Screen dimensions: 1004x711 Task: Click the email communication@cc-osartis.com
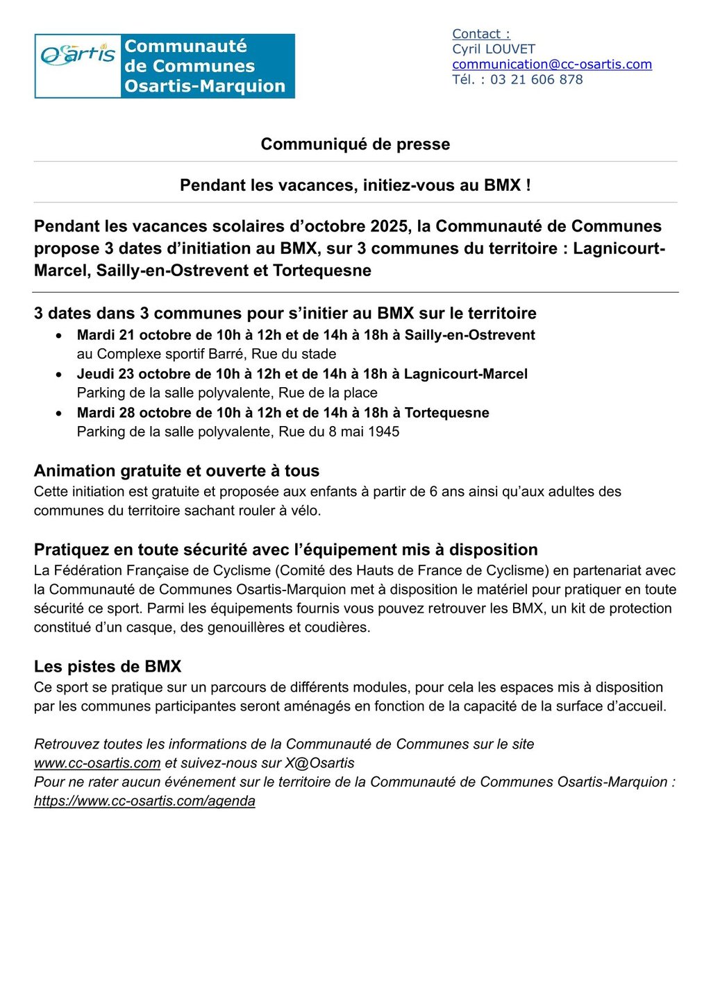[x=552, y=65]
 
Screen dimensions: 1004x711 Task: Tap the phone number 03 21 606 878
[x=536, y=80]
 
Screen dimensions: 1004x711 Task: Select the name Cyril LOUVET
[x=494, y=49]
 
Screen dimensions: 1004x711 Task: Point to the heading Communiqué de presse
[x=355, y=144]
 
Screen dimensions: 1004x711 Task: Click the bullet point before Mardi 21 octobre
[x=59, y=336]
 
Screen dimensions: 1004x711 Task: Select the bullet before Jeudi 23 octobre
[x=59, y=375]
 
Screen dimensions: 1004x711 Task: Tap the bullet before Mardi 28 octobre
[x=59, y=414]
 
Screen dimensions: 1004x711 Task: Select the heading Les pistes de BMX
[x=108, y=667]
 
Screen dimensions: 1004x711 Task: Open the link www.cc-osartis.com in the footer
[x=97, y=763]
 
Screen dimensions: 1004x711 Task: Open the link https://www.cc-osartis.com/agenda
[x=144, y=801]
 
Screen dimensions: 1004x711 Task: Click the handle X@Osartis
[x=319, y=763]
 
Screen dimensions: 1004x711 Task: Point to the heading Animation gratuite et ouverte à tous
[x=176, y=471]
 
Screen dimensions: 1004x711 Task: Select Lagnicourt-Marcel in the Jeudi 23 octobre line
[x=465, y=374]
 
